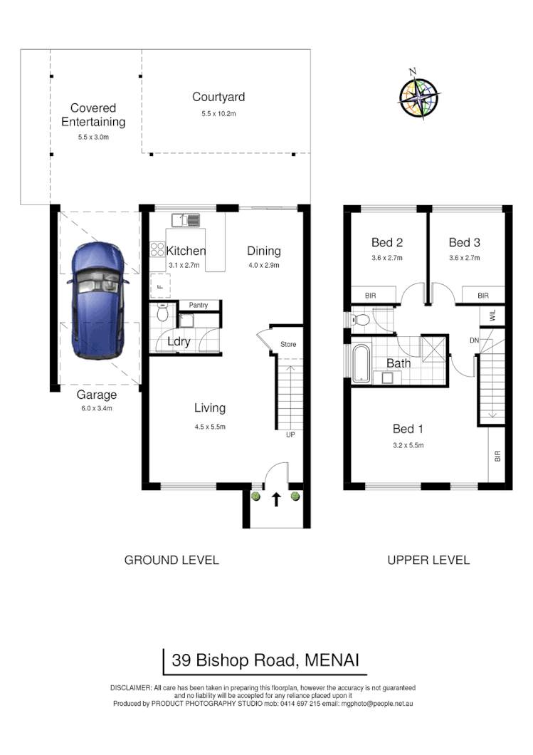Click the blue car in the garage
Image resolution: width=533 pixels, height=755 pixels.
coord(97,301)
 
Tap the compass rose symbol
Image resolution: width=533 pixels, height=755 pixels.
coord(418,96)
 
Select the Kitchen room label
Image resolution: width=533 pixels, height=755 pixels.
coord(186,251)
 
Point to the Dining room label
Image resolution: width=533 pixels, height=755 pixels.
coord(263,251)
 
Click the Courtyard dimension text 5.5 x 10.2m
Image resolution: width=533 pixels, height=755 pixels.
coord(218,113)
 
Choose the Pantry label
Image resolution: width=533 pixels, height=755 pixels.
coord(199,305)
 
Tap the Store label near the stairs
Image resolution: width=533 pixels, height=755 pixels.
coord(288,345)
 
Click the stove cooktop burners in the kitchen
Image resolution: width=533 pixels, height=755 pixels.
coord(157,249)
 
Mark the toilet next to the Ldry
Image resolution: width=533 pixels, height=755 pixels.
coord(163,314)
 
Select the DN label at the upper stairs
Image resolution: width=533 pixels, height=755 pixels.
coord(474,341)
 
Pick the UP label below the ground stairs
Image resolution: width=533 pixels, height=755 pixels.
coord(290,434)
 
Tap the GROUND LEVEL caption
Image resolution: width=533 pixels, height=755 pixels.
coord(171,560)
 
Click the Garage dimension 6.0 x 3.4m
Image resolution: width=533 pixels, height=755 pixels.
coord(96,408)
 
